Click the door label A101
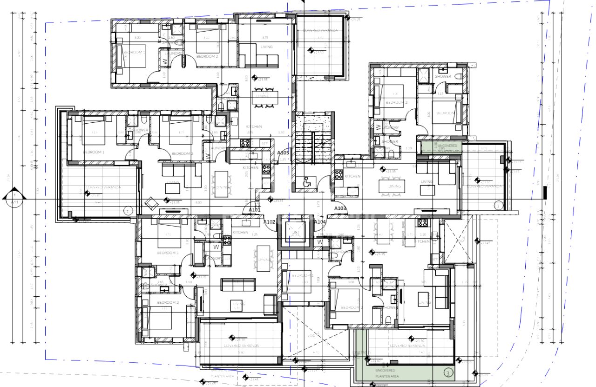pyautogui.click(x=254, y=210)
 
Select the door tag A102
pyautogui.click(x=269, y=222)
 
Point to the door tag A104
pyautogui.click(x=319, y=222)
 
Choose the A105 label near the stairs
pyautogui.click(x=283, y=153)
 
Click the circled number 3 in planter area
pyautogui.click(x=448, y=373)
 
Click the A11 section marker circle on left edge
pyautogui.click(x=14, y=199)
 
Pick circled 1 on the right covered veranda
pyautogui.click(x=498, y=205)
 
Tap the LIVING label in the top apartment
pyautogui.click(x=266, y=47)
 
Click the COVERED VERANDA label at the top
pyautogui.click(x=320, y=30)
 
